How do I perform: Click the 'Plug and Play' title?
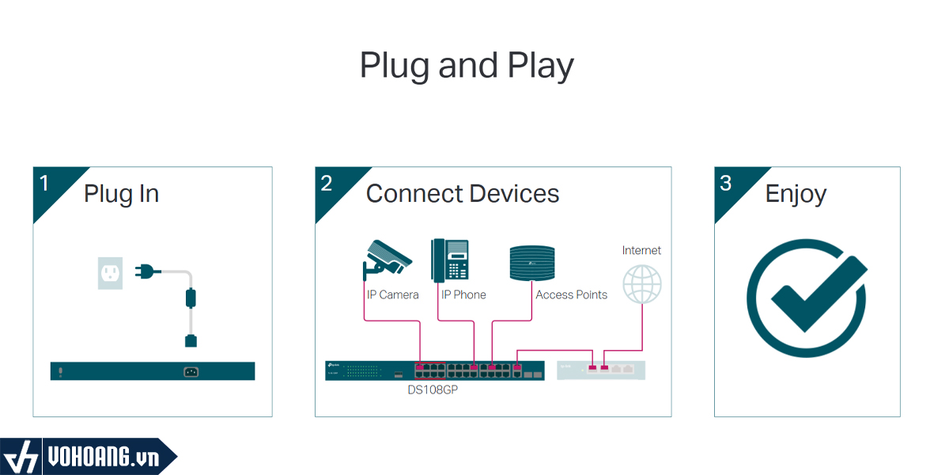467,66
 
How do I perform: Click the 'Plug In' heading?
121,194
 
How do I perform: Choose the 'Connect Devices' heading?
463,194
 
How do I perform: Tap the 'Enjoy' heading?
796,194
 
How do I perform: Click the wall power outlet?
111,272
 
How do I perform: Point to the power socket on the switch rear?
191,371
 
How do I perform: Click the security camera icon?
386,258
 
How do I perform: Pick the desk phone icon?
450,260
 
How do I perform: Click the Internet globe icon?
642,283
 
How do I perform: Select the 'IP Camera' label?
393,295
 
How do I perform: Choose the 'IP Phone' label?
463,295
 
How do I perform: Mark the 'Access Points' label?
571,295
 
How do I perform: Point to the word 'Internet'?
641,250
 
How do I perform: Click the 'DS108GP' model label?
433,390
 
